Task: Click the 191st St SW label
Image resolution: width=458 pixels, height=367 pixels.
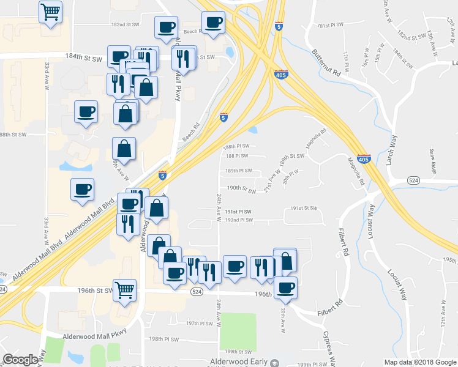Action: [304, 209]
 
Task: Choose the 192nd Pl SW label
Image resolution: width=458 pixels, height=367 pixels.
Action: [238, 220]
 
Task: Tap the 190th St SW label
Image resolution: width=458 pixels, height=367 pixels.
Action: [241, 188]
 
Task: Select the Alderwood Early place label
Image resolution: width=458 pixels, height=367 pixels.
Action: [238, 361]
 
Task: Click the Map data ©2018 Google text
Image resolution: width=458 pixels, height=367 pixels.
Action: [419, 362]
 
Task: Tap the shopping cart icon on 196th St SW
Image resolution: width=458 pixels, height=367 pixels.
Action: [125, 290]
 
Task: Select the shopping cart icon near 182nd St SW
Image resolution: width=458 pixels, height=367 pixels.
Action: [50, 10]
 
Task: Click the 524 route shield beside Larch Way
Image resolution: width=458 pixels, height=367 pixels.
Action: [413, 180]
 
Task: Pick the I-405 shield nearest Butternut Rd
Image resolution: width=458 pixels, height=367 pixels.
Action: [281, 74]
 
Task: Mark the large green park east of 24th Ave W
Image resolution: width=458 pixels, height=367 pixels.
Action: [238, 332]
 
